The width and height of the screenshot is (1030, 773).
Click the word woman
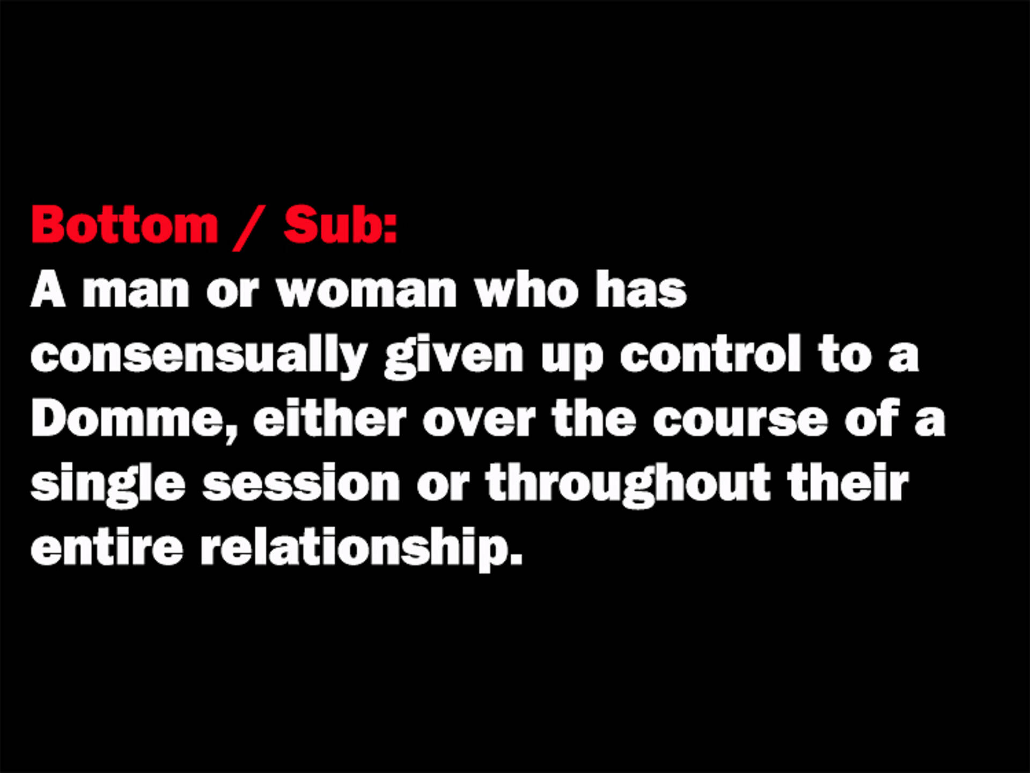pyautogui.click(x=366, y=290)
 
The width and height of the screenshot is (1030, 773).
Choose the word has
pyautogui.click(x=641, y=290)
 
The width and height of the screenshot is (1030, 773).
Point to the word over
pyautogui.click(x=479, y=420)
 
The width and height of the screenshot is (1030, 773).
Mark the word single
pyautogui.click(x=108, y=484)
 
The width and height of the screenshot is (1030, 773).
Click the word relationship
pyautogui.click(x=360, y=549)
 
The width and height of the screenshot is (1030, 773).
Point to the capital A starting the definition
pyautogui.click(x=48, y=290)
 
